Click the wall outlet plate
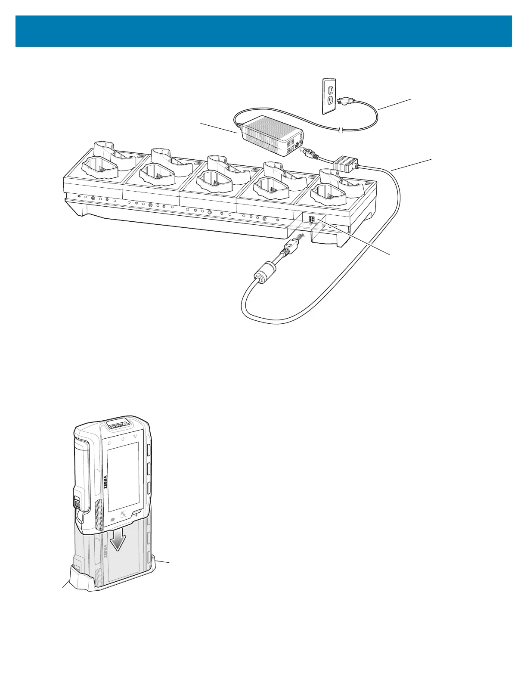(x=329, y=96)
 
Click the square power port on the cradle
(x=312, y=220)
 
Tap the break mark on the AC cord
(x=341, y=130)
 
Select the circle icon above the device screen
(x=122, y=440)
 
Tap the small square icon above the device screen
(x=109, y=443)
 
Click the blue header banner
(x=263, y=31)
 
